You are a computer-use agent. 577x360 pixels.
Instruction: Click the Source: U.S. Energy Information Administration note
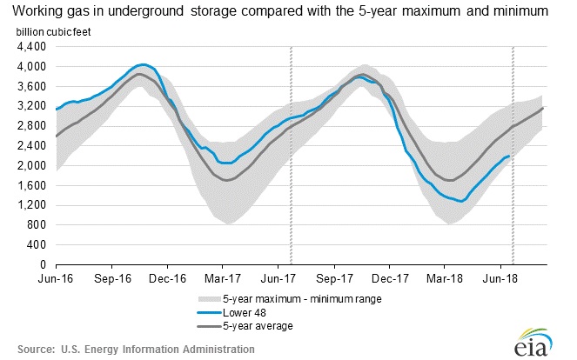coord(130,349)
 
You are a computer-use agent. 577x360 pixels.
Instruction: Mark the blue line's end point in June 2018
coord(509,156)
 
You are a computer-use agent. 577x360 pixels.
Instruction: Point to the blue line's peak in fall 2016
coord(143,64)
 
